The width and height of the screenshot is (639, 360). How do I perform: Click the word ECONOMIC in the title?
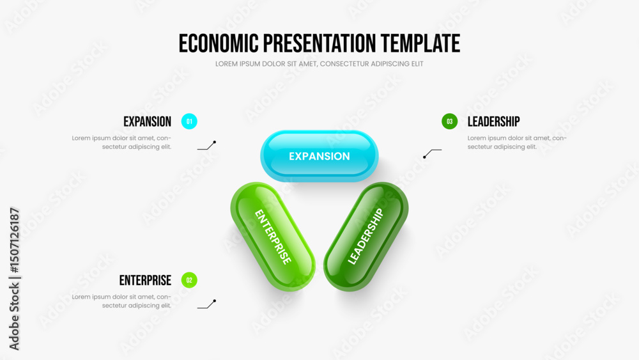pyautogui.click(x=219, y=43)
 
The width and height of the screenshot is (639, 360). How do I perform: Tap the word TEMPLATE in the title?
pyautogui.click(x=420, y=43)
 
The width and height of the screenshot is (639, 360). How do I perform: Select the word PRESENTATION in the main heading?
pyautogui.click(x=319, y=43)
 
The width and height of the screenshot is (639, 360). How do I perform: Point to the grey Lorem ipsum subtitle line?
pyautogui.click(x=319, y=63)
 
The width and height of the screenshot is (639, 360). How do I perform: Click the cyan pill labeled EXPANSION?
pyautogui.click(x=319, y=156)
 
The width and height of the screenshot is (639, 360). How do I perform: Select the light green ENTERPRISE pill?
pyautogui.click(x=273, y=237)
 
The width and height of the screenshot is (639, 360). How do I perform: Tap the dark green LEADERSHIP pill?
pyautogui.click(x=366, y=237)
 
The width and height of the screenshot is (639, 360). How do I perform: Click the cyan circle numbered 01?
pyautogui.click(x=189, y=121)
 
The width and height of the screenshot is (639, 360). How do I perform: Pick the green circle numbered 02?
pyautogui.click(x=189, y=280)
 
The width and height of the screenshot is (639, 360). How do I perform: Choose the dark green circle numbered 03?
pyautogui.click(x=449, y=121)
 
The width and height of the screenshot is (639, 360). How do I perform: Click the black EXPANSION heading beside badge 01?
pyautogui.click(x=147, y=121)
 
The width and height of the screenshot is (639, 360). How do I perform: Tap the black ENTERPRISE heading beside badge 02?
pyautogui.click(x=145, y=280)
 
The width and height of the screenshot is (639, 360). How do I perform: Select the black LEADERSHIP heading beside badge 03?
pyautogui.click(x=493, y=121)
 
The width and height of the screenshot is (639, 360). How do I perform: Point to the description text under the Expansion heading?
pyautogui.click(x=121, y=143)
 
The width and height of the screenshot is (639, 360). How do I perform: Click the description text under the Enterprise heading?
pyautogui.click(x=121, y=301)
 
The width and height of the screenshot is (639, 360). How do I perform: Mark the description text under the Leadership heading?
pyautogui.click(x=517, y=143)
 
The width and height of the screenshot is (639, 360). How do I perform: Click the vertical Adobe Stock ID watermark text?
pyautogui.click(x=14, y=279)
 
